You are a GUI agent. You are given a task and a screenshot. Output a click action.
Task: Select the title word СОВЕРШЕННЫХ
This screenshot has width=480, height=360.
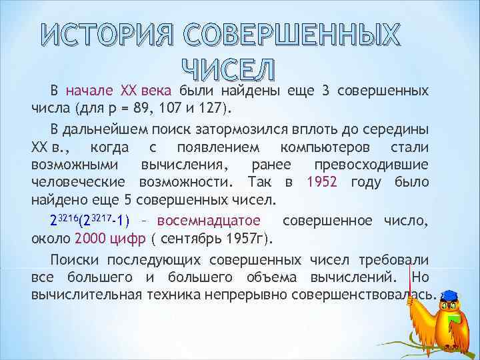[x=291, y=36]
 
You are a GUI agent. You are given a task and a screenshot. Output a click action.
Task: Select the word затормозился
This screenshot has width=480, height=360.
[x=239, y=127]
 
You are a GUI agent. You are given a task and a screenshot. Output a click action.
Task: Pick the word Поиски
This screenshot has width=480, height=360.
[x=75, y=260]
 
